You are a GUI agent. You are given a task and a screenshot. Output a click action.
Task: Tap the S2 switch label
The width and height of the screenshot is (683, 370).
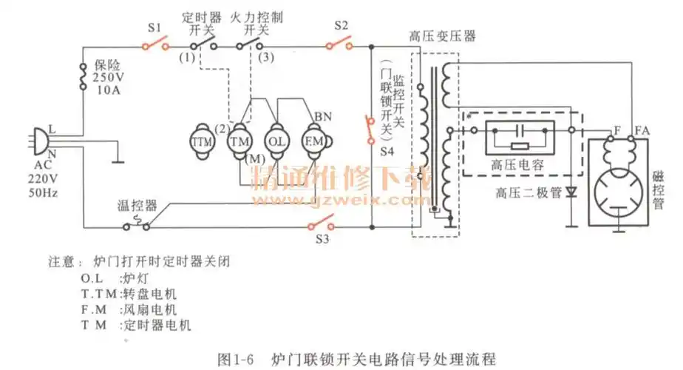(x=341, y=25)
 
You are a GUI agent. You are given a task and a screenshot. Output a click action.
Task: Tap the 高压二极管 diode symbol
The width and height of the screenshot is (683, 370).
(x=571, y=192)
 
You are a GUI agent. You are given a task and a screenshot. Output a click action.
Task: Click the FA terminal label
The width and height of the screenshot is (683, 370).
(x=642, y=130)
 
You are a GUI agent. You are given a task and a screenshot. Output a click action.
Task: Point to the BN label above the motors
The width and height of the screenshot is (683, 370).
(x=322, y=116)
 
